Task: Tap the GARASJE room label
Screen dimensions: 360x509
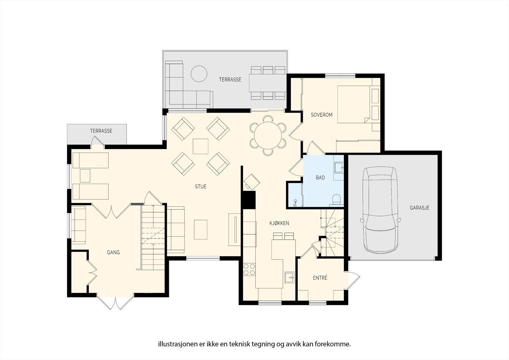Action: (x=419, y=208)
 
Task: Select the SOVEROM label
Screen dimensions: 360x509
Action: (x=321, y=115)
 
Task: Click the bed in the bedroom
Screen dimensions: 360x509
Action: (x=355, y=104)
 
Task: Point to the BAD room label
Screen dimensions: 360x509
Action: (x=320, y=178)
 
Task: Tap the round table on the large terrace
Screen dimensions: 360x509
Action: (x=199, y=74)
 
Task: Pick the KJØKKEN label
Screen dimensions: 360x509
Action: (x=279, y=223)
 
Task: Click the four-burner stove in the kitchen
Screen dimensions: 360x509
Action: (x=249, y=269)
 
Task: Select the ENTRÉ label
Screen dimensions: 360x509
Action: (x=320, y=278)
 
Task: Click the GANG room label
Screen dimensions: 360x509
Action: (x=113, y=252)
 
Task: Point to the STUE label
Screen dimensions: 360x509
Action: (x=200, y=187)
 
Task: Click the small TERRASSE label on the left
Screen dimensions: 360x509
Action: (x=101, y=131)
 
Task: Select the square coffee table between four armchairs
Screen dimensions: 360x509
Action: (x=200, y=146)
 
